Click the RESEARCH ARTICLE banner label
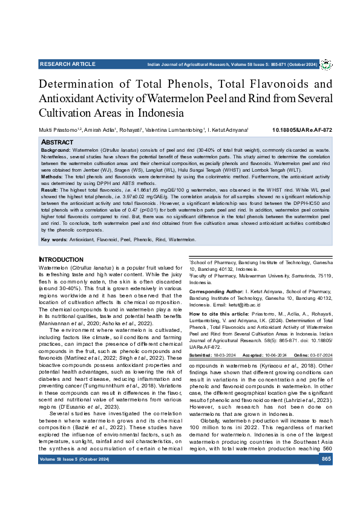[67, 64]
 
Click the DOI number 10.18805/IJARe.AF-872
[302, 130]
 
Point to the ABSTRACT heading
[57, 142]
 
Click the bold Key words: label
[54, 240]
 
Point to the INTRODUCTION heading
[61, 260]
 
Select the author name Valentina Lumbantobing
[177, 130]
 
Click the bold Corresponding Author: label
[216, 291]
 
